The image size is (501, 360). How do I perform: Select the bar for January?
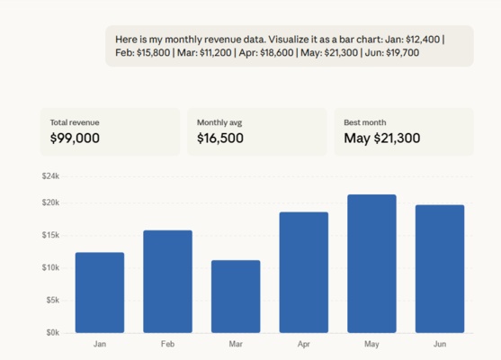click(100, 292)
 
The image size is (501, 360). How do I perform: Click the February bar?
click(167, 282)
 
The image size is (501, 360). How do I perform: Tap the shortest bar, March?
click(236, 297)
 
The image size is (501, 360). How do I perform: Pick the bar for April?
click(304, 273)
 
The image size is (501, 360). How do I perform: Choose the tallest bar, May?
click(372, 264)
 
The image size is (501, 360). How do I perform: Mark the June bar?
click(440, 269)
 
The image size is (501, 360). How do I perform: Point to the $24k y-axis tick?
click(50, 176)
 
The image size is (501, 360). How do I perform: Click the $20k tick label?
click(50, 202)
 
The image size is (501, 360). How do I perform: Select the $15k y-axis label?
click(50, 235)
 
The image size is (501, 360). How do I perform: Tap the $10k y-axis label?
click(50, 267)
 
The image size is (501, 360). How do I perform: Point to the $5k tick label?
click(52, 300)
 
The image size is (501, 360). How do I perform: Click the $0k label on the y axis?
click(52, 332)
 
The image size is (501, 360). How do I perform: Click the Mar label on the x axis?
click(236, 344)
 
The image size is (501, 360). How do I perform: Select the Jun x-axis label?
click(440, 344)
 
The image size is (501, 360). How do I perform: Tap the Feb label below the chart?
click(167, 344)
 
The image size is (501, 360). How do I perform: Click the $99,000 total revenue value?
click(76, 139)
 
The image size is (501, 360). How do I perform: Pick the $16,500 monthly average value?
click(221, 139)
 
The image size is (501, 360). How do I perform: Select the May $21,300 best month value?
click(382, 139)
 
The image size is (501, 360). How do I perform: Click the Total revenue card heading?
click(75, 121)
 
